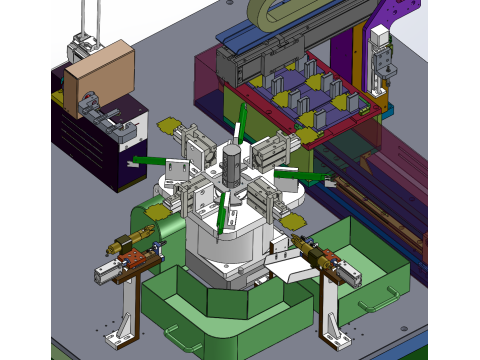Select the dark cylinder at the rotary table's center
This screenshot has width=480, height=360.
pos(233,162)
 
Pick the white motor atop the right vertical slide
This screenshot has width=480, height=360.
pos(381,38)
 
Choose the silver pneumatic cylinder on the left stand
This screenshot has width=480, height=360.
pos(109,271)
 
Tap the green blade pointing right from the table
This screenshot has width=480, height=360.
pos(301,175)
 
